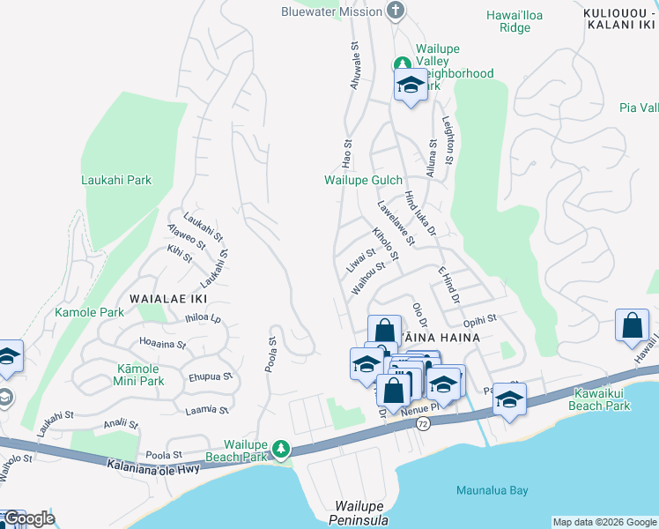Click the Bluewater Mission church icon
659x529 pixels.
click(x=396, y=11)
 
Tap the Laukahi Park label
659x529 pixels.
click(x=115, y=180)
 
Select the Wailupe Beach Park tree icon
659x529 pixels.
click(x=281, y=450)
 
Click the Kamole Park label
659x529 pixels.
click(x=89, y=312)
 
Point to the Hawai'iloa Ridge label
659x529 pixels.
click(x=522, y=21)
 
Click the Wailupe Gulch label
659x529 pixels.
click(x=363, y=180)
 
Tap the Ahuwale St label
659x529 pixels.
click(x=355, y=69)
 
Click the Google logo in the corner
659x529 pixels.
click(x=28, y=518)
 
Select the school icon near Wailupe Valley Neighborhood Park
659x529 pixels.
click(x=410, y=86)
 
